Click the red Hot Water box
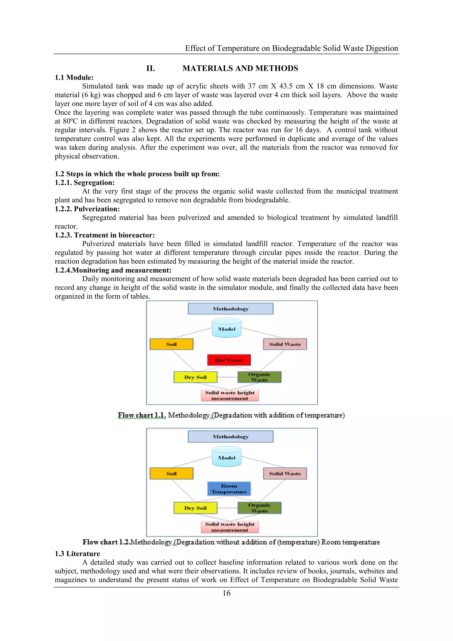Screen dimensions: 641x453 click(x=229, y=360)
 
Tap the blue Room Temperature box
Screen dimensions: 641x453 click(x=229, y=488)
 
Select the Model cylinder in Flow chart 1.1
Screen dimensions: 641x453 click(x=226, y=329)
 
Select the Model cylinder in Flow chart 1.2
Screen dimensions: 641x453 click(x=226, y=457)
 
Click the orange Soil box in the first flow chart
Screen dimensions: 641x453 click(x=171, y=344)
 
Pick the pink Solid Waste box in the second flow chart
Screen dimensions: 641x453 click(x=285, y=473)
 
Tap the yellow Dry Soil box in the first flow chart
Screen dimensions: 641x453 click(x=195, y=377)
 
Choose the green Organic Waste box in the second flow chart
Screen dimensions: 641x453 click(x=259, y=508)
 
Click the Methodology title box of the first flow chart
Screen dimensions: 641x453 click(x=230, y=309)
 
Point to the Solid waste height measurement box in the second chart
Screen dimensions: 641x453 click(x=230, y=527)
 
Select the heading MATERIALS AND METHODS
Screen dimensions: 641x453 click(x=240, y=68)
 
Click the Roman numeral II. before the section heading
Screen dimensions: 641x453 click(x=151, y=68)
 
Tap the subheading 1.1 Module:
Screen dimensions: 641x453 click(x=74, y=78)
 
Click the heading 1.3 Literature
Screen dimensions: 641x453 click(x=77, y=554)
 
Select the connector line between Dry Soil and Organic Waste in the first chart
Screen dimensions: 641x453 click(x=227, y=377)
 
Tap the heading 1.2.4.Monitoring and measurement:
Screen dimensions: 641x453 click(x=113, y=270)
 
